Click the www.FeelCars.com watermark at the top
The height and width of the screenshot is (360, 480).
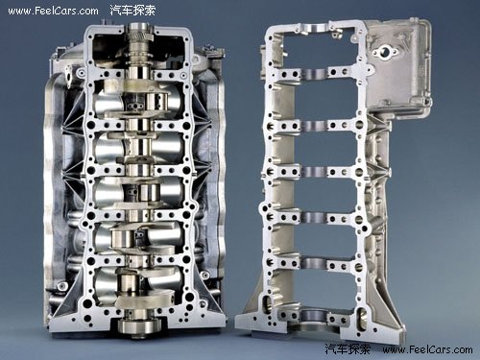point(54,11)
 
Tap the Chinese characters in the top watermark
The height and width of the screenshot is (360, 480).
point(132,11)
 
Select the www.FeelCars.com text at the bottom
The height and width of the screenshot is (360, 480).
point(427,349)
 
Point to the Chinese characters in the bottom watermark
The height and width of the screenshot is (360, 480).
point(348,348)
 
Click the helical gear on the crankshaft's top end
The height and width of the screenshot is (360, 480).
point(140,36)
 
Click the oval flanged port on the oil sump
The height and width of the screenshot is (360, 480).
point(384,52)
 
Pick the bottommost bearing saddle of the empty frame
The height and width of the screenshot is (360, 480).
point(314,315)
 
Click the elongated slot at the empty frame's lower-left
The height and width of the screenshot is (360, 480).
point(267,305)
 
